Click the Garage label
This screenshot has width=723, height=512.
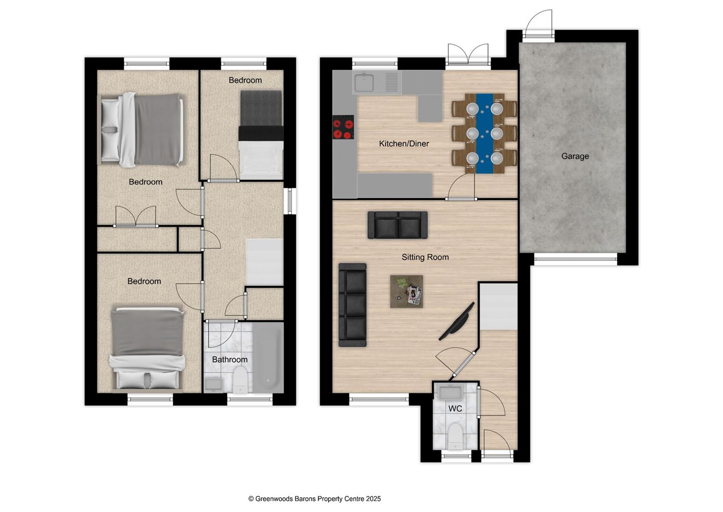575,156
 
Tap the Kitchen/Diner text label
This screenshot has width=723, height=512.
403,144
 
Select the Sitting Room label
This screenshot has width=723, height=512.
425,257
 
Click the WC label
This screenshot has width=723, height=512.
455,408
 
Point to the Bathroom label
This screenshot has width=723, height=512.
230,359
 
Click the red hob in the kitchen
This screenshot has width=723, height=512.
343,128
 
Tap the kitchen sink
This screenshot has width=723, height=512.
364,83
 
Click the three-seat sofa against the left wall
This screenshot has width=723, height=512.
353,305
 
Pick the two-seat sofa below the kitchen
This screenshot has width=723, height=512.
398,225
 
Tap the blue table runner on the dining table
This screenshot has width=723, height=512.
484,133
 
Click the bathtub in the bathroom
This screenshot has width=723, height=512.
268,357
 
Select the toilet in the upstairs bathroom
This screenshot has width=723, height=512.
241,382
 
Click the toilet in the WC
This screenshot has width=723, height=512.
455,436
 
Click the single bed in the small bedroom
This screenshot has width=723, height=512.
261,135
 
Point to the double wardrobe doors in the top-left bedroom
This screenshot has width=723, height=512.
135,217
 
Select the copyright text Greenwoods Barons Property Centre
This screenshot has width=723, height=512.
314,499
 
